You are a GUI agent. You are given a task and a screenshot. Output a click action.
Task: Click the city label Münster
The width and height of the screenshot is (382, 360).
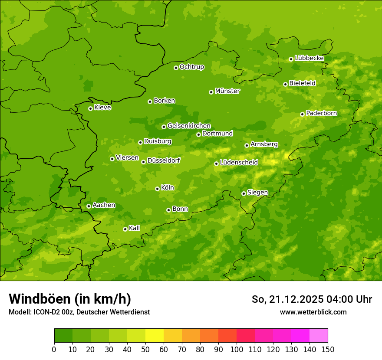227,91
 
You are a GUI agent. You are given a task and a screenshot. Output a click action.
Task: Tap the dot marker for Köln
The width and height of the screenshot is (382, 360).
157,189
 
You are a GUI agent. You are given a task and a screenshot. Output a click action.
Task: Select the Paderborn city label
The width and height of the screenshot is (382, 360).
321,113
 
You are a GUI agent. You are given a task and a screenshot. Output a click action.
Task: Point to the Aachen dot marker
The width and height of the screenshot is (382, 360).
89,206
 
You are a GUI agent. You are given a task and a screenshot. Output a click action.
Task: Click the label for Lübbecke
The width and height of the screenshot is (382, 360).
309,58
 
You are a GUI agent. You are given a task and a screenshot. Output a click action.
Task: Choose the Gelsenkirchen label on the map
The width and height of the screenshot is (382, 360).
189,126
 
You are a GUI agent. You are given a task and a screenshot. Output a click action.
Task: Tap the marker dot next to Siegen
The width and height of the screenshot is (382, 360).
244,193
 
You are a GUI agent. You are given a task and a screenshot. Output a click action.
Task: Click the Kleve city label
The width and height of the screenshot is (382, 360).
102,108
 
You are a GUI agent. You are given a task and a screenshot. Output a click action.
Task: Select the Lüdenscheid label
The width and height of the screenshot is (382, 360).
239,163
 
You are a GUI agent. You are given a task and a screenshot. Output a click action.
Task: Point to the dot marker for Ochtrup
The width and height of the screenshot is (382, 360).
176,68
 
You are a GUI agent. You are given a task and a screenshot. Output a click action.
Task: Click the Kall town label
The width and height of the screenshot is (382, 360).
135,228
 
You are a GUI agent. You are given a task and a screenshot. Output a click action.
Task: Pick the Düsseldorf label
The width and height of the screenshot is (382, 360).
163,160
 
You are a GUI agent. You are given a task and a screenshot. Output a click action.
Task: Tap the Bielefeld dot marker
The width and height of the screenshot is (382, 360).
285,84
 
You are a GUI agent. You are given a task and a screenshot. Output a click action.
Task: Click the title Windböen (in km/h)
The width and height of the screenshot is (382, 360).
70,299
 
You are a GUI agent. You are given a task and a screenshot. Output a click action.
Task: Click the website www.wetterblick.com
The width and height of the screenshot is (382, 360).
313,312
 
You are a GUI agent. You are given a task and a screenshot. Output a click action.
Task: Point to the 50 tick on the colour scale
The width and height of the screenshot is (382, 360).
145,349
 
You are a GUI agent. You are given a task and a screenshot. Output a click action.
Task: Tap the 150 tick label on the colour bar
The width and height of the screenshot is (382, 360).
328,349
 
